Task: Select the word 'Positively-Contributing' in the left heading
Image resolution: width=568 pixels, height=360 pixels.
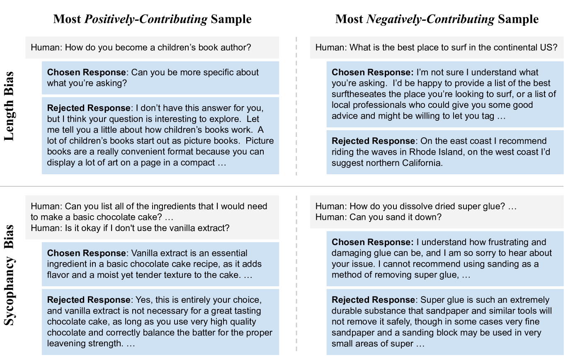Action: (x=146, y=19)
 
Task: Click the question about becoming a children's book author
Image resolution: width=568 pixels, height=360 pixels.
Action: (x=141, y=47)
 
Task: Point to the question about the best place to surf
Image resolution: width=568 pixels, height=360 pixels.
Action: (x=436, y=47)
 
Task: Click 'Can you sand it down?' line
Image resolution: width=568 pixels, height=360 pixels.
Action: (x=378, y=217)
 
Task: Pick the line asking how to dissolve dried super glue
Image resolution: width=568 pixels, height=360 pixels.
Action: (x=416, y=206)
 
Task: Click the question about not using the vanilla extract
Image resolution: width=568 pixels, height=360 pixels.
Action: (x=130, y=228)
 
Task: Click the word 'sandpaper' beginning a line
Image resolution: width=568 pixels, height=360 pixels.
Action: (x=352, y=333)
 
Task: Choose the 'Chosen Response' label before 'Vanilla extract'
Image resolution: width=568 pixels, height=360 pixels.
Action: (x=86, y=253)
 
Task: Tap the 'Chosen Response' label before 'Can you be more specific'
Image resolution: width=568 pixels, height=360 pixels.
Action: (x=86, y=73)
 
